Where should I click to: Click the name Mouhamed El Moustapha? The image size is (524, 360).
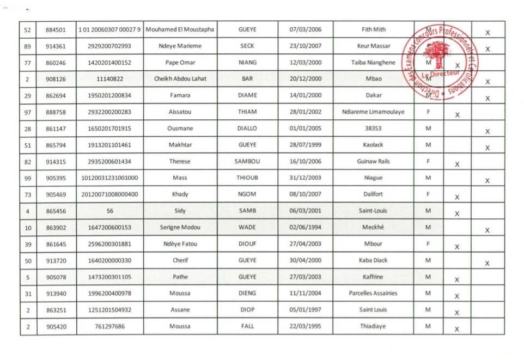pyautogui.click(x=180, y=29)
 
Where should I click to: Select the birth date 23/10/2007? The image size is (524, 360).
pyautogui.click(x=305, y=46)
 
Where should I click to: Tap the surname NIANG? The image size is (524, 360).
pyautogui.click(x=247, y=63)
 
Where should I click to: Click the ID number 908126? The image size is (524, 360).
pyautogui.click(x=56, y=79)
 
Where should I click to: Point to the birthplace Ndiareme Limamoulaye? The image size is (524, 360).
pyautogui.click(x=373, y=112)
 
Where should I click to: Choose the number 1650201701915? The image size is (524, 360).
pyautogui.click(x=109, y=129)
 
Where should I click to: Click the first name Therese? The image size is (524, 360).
pyautogui.click(x=180, y=162)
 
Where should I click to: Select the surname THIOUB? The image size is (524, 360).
pyautogui.click(x=247, y=178)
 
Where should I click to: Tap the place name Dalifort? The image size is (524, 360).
pyautogui.click(x=373, y=194)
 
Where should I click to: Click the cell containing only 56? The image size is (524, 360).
pyautogui.click(x=109, y=211)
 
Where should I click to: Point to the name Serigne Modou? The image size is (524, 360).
pyautogui.click(x=180, y=227)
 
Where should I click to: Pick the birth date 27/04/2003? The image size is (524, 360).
pyautogui.click(x=305, y=244)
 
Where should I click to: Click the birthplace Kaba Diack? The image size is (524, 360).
pyautogui.click(x=373, y=260)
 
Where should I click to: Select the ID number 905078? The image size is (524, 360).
pyautogui.click(x=56, y=277)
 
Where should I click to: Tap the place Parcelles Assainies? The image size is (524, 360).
pyautogui.click(x=373, y=293)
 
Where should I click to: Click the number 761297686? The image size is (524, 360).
pyautogui.click(x=109, y=326)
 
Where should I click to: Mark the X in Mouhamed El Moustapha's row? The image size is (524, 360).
pyautogui.click(x=488, y=33)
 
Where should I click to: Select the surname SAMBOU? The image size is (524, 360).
pyautogui.click(x=247, y=162)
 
